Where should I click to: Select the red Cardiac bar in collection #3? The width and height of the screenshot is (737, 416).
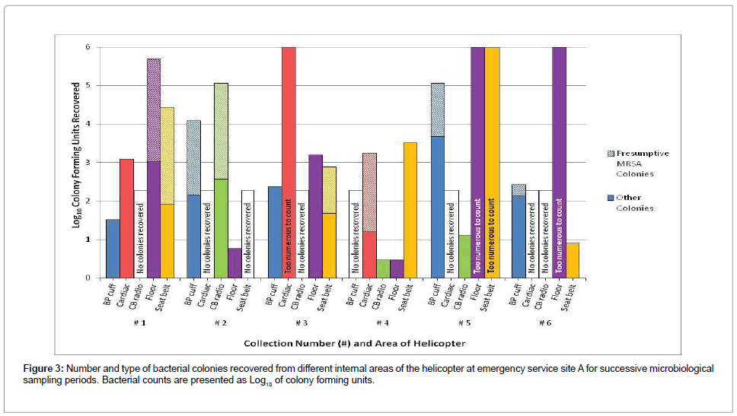click(x=289, y=152)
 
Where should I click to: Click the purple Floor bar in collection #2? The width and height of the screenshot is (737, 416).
click(x=234, y=263)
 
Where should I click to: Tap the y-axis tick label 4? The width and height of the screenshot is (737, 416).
click(x=88, y=124)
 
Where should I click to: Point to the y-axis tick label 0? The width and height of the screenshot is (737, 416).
click(x=88, y=278)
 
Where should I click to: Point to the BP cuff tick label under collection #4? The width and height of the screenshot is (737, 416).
click(x=352, y=294)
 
